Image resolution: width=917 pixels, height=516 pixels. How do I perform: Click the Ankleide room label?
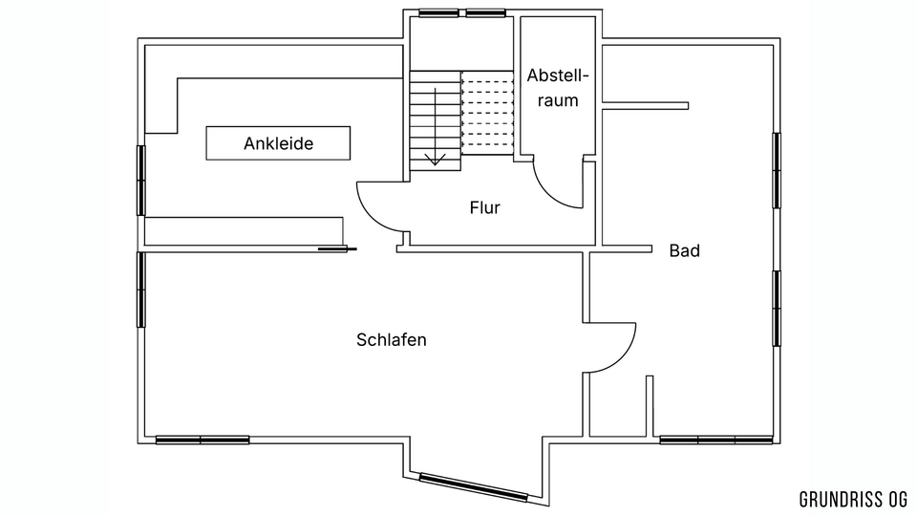(x=278, y=143)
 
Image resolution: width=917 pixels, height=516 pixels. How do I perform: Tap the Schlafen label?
(x=392, y=340)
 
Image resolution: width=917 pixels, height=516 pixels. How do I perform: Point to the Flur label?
(x=485, y=207)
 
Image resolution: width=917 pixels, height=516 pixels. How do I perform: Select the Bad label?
(x=685, y=251)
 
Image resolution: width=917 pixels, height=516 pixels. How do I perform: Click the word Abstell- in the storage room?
(x=558, y=76)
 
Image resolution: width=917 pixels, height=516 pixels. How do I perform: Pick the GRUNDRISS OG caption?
(x=853, y=500)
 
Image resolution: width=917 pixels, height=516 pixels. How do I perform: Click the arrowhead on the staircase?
(x=436, y=160)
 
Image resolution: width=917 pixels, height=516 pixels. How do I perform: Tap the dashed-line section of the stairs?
(x=487, y=113)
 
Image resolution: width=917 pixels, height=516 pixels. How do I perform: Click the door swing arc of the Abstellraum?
(x=550, y=193)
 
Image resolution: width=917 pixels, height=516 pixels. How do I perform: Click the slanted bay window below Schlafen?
(x=474, y=487)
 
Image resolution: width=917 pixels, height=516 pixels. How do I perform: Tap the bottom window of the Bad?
(x=716, y=440)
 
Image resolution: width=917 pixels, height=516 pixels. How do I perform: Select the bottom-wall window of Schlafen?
(x=203, y=440)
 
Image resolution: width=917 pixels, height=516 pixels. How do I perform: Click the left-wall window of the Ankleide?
(x=141, y=181)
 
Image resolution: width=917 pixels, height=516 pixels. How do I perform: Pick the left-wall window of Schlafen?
(x=141, y=290)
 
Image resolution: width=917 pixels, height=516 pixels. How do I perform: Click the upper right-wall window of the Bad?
(x=777, y=170)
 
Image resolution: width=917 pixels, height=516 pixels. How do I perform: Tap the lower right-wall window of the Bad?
(x=777, y=309)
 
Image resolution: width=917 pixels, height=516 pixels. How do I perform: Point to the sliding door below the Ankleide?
(x=337, y=249)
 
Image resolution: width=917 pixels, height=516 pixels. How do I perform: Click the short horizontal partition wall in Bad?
(x=645, y=106)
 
